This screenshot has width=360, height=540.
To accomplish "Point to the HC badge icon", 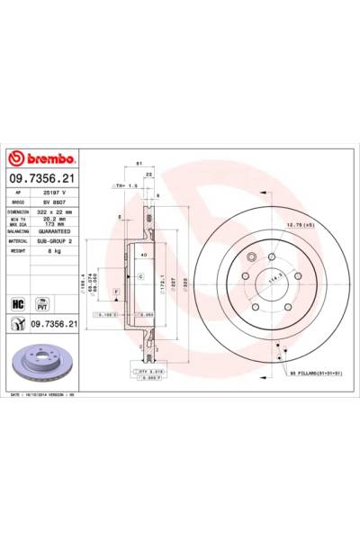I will [x=16, y=303].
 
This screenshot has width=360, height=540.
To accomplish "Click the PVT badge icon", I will [x=40, y=303].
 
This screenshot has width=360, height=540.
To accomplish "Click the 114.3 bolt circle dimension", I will [x=268, y=279].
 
